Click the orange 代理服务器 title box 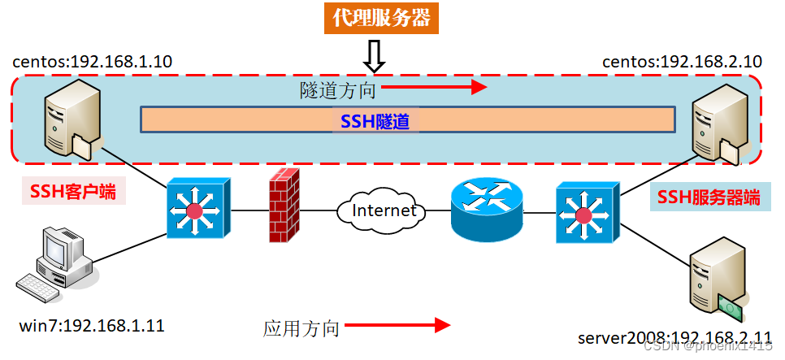pyautogui.click(x=381, y=18)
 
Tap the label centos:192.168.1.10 pyautogui.click(x=93, y=61)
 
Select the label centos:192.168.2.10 pyautogui.click(x=682, y=61)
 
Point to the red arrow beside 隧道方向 pyautogui.click(x=434, y=86)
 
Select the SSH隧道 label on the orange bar pyautogui.click(x=375, y=122)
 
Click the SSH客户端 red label pyautogui.click(x=68, y=192)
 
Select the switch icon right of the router pyautogui.click(x=583, y=214)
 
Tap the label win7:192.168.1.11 pyautogui.click(x=91, y=327)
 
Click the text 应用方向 pyautogui.click(x=301, y=328)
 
